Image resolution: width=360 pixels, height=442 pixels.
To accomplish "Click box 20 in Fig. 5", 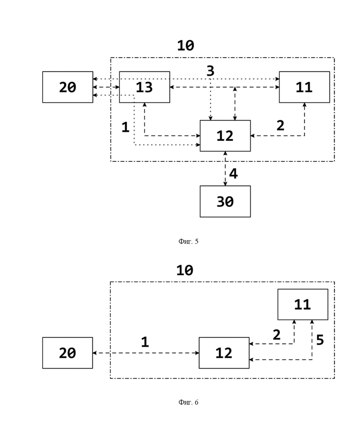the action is pyautogui.click(x=67, y=87).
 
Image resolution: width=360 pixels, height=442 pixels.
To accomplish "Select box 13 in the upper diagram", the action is pyautogui.click(x=144, y=87).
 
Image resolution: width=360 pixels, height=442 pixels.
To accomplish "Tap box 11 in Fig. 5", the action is pyautogui.click(x=305, y=87).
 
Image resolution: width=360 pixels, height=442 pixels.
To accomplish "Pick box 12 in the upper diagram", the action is pyautogui.click(x=225, y=136).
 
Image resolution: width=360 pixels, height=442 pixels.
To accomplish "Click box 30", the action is pyautogui.click(x=225, y=201).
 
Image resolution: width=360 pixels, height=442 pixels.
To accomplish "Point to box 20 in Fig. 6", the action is pyautogui.click(x=67, y=353).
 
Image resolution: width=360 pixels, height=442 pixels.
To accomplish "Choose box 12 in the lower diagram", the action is pyautogui.click(x=224, y=353).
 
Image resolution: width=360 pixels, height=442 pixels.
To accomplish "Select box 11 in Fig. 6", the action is pyautogui.click(x=303, y=304).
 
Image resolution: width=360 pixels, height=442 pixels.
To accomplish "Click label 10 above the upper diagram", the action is pyautogui.click(x=186, y=45).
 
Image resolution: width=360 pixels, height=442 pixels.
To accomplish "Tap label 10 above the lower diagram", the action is pyautogui.click(x=185, y=270).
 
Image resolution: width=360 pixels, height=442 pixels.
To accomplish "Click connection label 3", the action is pyautogui.click(x=210, y=71).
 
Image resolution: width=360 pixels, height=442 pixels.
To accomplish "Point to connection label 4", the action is pyautogui.click(x=234, y=174).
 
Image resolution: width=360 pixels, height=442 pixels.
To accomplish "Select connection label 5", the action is pyautogui.click(x=320, y=340).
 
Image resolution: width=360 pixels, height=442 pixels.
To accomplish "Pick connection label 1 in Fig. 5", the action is pyautogui.click(x=126, y=127).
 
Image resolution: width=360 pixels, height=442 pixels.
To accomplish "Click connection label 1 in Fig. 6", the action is pyautogui.click(x=145, y=342).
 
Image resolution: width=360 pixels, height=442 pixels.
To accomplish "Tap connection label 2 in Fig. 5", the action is pyautogui.click(x=280, y=126).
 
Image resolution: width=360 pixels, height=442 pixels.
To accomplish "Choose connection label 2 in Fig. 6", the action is pyautogui.click(x=276, y=335).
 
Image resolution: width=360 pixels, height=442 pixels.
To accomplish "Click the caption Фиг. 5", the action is pyautogui.click(x=188, y=241).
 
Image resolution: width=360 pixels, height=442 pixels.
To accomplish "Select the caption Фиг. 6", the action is pyautogui.click(x=188, y=402).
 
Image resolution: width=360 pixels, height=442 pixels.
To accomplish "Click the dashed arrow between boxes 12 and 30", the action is pyautogui.click(x=225, y=169).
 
